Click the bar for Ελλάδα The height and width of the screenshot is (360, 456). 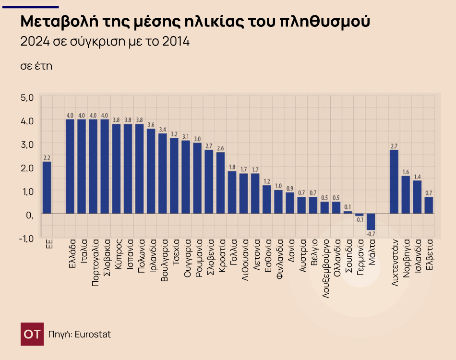point(70,166)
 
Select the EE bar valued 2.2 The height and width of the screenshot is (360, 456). point(47,187)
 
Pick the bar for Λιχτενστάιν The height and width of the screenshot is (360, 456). point(394,181)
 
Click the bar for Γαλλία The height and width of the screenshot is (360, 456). point(232,192)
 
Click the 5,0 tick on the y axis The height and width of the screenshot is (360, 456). point(27,97)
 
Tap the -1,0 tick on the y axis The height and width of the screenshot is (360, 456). point(26,238)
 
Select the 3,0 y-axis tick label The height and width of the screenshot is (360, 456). point(27,144)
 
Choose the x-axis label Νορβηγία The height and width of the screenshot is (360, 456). point(406,259)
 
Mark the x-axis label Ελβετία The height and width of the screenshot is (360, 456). point(429,254)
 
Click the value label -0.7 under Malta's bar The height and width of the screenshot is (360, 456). point(371,234)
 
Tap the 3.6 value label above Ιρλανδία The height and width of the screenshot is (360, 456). point(151,125)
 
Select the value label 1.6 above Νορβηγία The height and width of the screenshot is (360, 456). point(406,172)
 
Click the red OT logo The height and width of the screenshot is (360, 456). point(32,334)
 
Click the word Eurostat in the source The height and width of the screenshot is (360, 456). point(92,334)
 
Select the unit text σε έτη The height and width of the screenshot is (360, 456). point(36,66)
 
